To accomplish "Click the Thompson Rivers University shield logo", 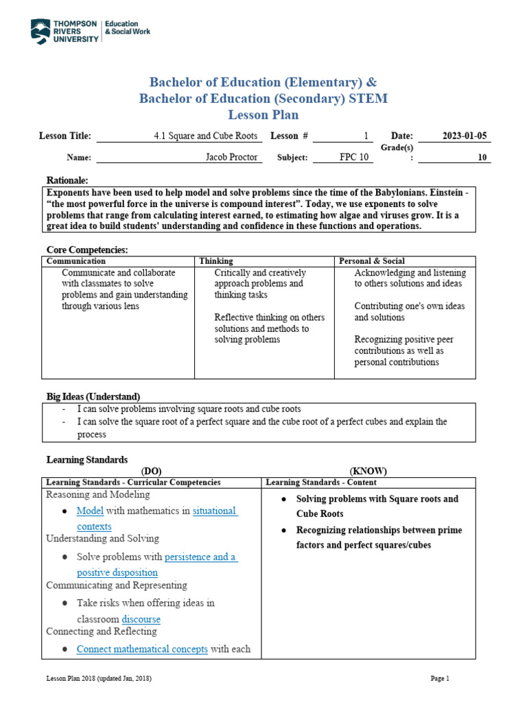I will click(40, 32).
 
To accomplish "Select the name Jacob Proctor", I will click(232, 157).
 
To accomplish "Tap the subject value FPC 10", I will click(355, 157).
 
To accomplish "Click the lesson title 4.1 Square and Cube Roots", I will click(206, 136).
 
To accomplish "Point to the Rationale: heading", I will click(67, 180).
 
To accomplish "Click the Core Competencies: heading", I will click(87, 250).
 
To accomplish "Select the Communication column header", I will click(76, 261).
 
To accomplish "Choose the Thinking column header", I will click(216, 261).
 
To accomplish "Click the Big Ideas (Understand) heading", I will click(93, 397).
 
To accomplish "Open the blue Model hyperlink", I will click(90, 511).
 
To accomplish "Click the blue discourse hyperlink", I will click(141, 619).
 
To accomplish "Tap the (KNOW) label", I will click(368, 471).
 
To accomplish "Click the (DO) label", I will click(150, 471).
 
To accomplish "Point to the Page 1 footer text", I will click(439, 679).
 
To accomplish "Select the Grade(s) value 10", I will click(482, 157).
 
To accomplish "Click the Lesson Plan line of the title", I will click(263, 114).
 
